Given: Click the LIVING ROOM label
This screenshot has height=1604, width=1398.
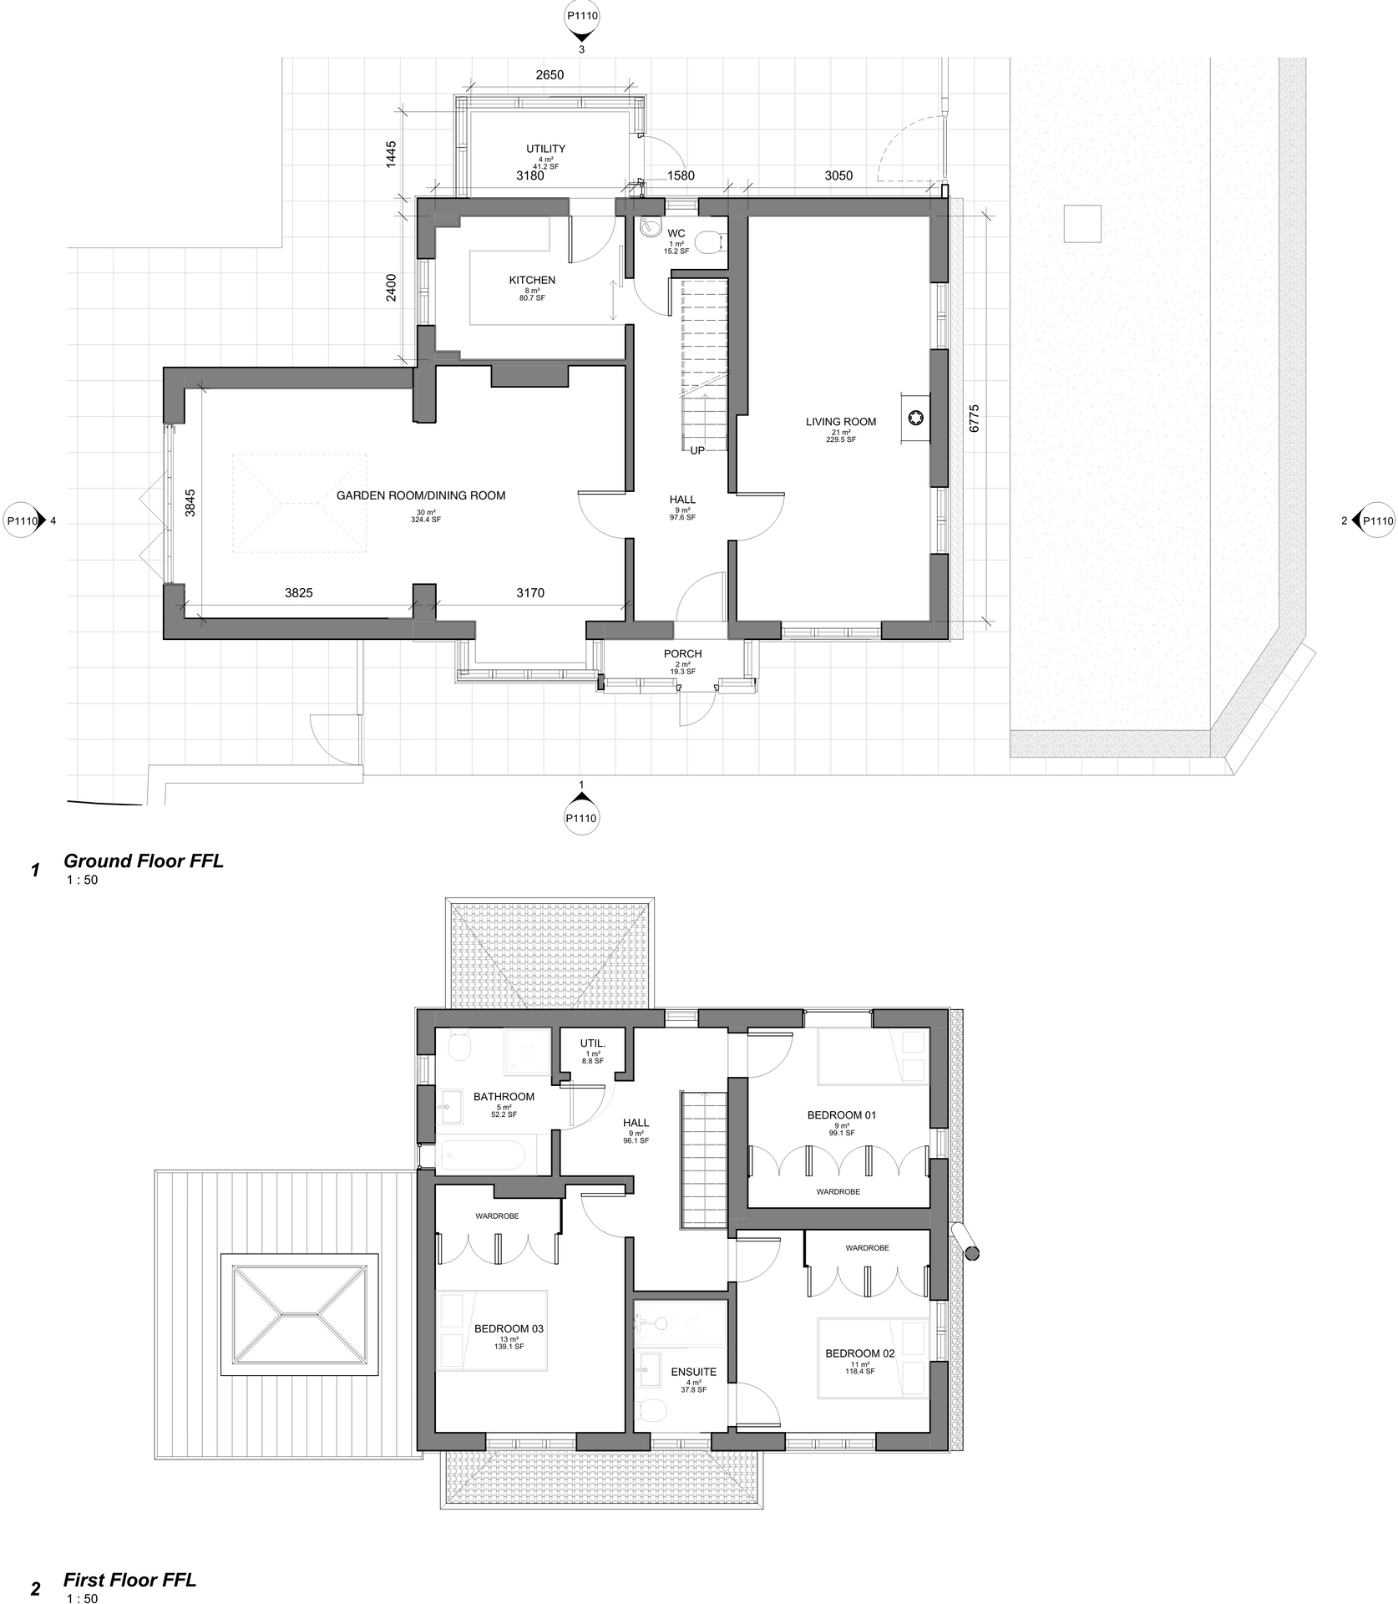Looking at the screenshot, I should (x=840, y=422).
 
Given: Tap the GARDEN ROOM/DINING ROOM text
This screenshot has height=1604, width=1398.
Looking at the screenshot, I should (x=421, y=495).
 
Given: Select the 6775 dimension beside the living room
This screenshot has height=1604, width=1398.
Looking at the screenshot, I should (x=975, y=419).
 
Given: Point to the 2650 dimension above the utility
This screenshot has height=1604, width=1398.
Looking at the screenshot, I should (x=550, y=74).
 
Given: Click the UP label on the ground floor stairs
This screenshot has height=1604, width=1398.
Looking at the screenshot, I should (x=697, y=450).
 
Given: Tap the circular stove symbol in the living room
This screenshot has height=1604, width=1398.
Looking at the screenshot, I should (x=915, y=418).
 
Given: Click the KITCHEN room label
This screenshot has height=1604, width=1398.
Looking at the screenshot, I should (x=532, y=280).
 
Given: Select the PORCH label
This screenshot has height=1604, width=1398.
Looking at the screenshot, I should (x=682, y=654).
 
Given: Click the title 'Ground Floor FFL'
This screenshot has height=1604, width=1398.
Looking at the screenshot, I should (x=144, y=861).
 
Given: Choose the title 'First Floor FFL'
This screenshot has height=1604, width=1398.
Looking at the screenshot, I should (x=129, y=1580).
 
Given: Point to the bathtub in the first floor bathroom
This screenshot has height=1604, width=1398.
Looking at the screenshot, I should (x=482, y=1157).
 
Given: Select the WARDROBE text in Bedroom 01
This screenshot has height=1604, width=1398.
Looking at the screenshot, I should (x=838, y=1191).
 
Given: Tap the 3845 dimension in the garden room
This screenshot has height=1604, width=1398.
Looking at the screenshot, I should (x=190, y=504).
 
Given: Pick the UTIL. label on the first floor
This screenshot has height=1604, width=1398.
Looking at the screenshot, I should (x=593, y=1043).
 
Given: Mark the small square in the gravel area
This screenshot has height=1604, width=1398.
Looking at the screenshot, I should (x=1082, y=223).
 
